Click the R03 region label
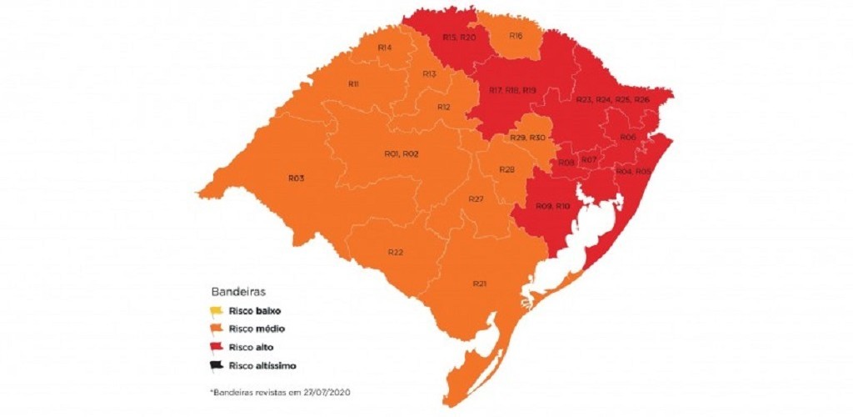pos(296,178)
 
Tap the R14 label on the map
pos(385,48)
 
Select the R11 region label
pos(353,84)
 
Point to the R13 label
pos(429,74)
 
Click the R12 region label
pos(444,107)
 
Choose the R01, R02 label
pos(401,154)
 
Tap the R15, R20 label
pos(459,38)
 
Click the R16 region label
pos(516,36)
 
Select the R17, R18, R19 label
pos(512,89)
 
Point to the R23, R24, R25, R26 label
pos(613,99)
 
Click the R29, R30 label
pos(527,138)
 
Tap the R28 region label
pos(506,169)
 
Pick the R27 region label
pos(476,199)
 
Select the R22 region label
pos(396,252)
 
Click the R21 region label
pos(479,284)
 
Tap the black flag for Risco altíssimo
pos(217,364)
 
